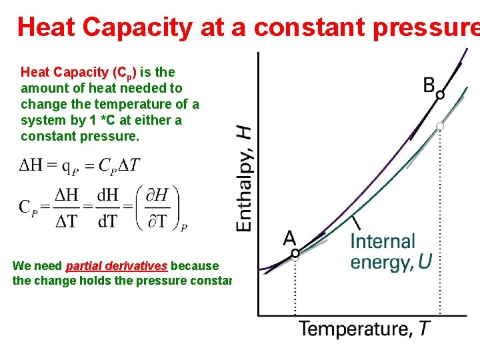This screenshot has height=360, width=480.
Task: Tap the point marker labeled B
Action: pyautogui.click(x=440, y=95)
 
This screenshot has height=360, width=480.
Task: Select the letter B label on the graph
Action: pyautogui.click(x=429, y=85)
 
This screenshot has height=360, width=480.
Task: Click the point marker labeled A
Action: pyautogui.click(x=295, y=253)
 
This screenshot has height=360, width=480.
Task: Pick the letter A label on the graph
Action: pyautogui.click(x=289, y=238)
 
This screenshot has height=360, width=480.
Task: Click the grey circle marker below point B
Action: pyautogui.click(x=440, y=126)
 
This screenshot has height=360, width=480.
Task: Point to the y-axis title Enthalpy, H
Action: pyautogui.click(x=245, y=179)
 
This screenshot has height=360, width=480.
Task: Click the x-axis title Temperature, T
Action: pyautogui.click(x=364, y=329)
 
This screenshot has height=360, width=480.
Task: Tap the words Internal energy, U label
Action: pyautogui.click(x=391, y=251)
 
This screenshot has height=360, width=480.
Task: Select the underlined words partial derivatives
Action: pyautogui.click(x=117, y=266)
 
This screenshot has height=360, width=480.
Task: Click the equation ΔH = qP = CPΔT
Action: pyautogui.click(x=79, y=165)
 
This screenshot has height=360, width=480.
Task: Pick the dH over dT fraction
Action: pyautogui.click(x=108, y=207)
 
